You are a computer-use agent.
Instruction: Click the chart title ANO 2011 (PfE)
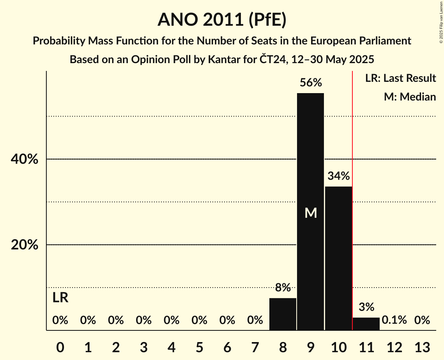pos(222,20)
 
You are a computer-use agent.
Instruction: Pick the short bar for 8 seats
pos(283,314)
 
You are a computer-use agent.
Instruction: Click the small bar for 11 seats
pos(366,324)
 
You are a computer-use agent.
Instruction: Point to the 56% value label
pos(311,83)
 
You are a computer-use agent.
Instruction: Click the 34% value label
pos(338,176)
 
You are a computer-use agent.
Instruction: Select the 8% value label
pos(283,288)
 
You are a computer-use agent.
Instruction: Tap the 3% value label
pos(366,307)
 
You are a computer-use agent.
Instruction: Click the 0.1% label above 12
pos(394,320)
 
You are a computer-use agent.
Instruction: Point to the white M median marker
pos(311,213)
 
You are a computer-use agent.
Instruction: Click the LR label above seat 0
pos(60,298)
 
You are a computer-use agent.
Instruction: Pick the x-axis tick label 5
pos(199,347)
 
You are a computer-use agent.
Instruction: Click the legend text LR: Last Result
pos(400,78)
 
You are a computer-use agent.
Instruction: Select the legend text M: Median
pos(410,97)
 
